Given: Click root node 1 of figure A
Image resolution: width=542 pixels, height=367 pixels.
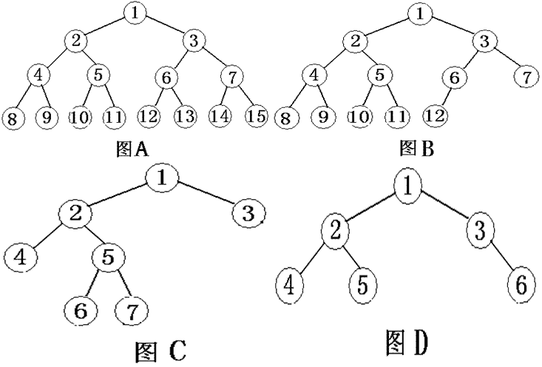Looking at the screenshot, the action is pyautogui.click(x=134, y=13).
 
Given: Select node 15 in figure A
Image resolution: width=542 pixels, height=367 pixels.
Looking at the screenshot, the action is pyautogui.click(x=255, y=116).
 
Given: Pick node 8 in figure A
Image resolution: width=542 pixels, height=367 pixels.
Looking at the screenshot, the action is pyautogui.click(x=13, y=117).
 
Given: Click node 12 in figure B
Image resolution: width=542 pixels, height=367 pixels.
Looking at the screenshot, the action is pyautogui.click(x=436, y=116).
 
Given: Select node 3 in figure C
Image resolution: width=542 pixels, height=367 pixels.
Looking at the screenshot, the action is pyautogui.click(x=248, y=215).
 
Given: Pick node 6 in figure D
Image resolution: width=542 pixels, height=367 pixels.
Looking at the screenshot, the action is pyautogui.click(x=520, y=283).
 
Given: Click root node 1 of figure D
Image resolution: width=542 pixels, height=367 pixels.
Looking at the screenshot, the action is pyautogui.click(x=408, y=187).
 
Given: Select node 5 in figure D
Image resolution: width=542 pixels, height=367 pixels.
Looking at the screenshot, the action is pyautogui.click(x=361, y=284).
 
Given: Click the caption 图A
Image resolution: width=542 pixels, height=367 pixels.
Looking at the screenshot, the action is pyautogui.click(x=133, y=151).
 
